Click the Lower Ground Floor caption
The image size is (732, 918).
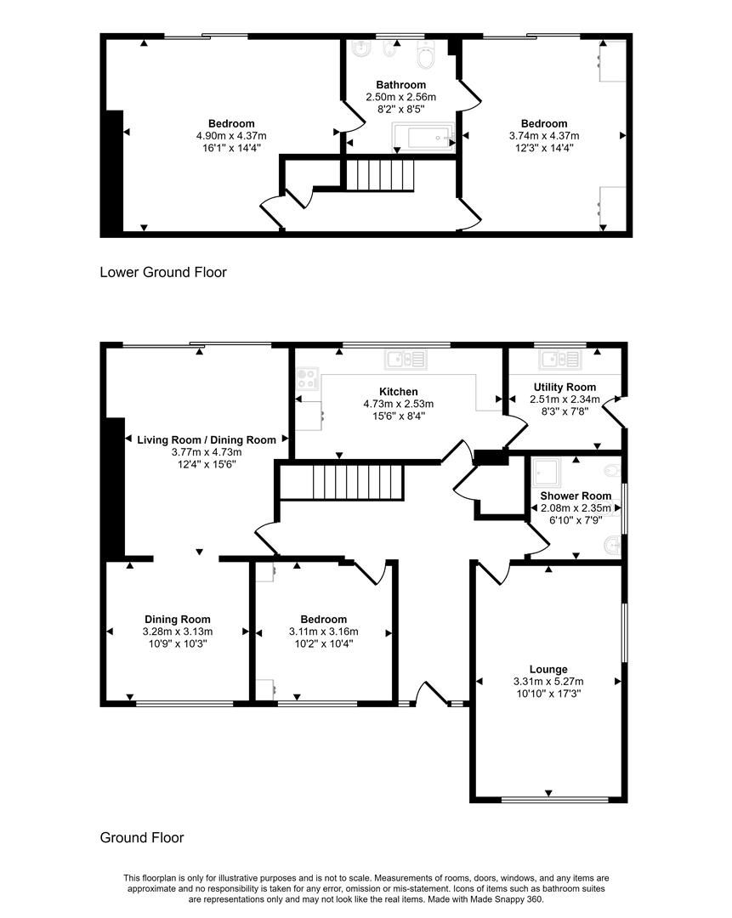click(163, 273)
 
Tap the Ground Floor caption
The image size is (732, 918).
click(142, 837)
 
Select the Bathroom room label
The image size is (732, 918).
click(401, 85)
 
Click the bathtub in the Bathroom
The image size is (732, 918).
click(423, 136)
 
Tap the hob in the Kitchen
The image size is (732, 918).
click(307, 377)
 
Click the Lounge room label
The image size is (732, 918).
click(547, 670)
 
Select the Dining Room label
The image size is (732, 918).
click(177, 620)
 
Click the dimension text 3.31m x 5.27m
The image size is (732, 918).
click(547, 682)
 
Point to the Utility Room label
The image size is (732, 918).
click(559, 388)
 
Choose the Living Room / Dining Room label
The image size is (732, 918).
click(207, 440)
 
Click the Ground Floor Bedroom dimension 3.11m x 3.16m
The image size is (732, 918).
click(323, 632)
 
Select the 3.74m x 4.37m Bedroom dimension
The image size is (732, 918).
click(544, 135)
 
